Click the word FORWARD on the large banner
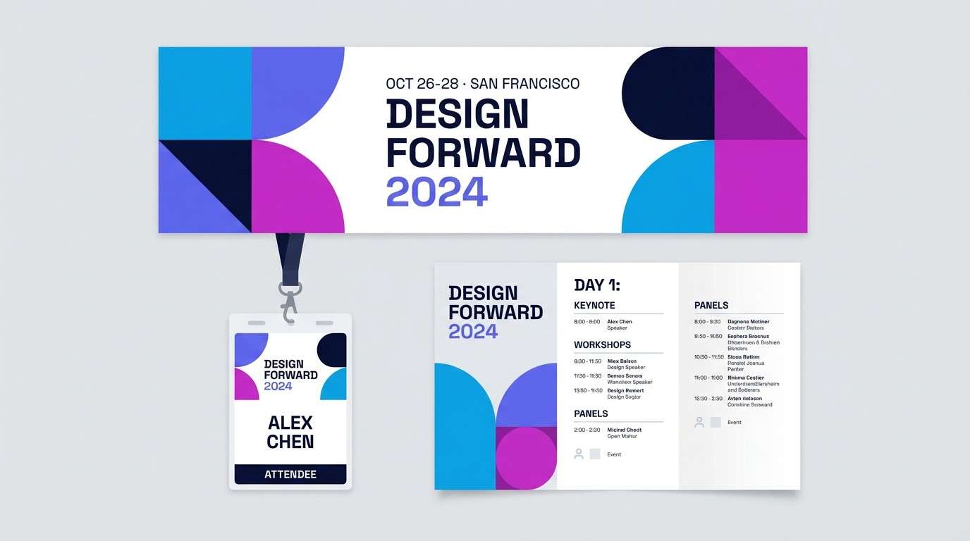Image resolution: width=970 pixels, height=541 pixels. click(483, 152)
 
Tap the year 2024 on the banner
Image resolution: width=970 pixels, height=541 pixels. click(436, 191)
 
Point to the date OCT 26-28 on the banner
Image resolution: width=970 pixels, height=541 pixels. click(422, 84)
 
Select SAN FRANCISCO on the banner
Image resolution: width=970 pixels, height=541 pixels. click(524, 84)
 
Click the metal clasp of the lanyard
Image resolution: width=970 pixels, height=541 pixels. click(289, 300)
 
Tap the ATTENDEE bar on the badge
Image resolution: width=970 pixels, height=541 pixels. click(290, 474)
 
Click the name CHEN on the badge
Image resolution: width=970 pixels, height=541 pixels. click(290, 442)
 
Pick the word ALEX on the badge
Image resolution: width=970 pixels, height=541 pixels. click(290, 423)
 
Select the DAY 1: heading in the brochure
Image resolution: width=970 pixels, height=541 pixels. click(597, 285)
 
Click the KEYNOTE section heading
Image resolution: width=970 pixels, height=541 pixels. click(594, 306)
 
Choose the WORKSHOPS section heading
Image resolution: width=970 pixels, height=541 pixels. click(602, 345)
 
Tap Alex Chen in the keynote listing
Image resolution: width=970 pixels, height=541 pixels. click(620, 322)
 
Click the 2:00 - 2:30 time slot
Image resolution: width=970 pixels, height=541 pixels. click(587, 430)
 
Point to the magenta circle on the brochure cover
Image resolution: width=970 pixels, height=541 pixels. click(526, 457)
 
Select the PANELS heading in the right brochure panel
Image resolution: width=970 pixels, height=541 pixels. click(711, 306)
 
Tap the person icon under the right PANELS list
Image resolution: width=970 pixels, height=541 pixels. click(699, 422)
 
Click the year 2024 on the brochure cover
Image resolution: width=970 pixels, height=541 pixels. click(473, 331)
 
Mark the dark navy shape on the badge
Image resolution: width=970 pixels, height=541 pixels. click(333, 349)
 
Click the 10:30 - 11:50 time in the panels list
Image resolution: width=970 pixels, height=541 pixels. click(709, 357)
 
